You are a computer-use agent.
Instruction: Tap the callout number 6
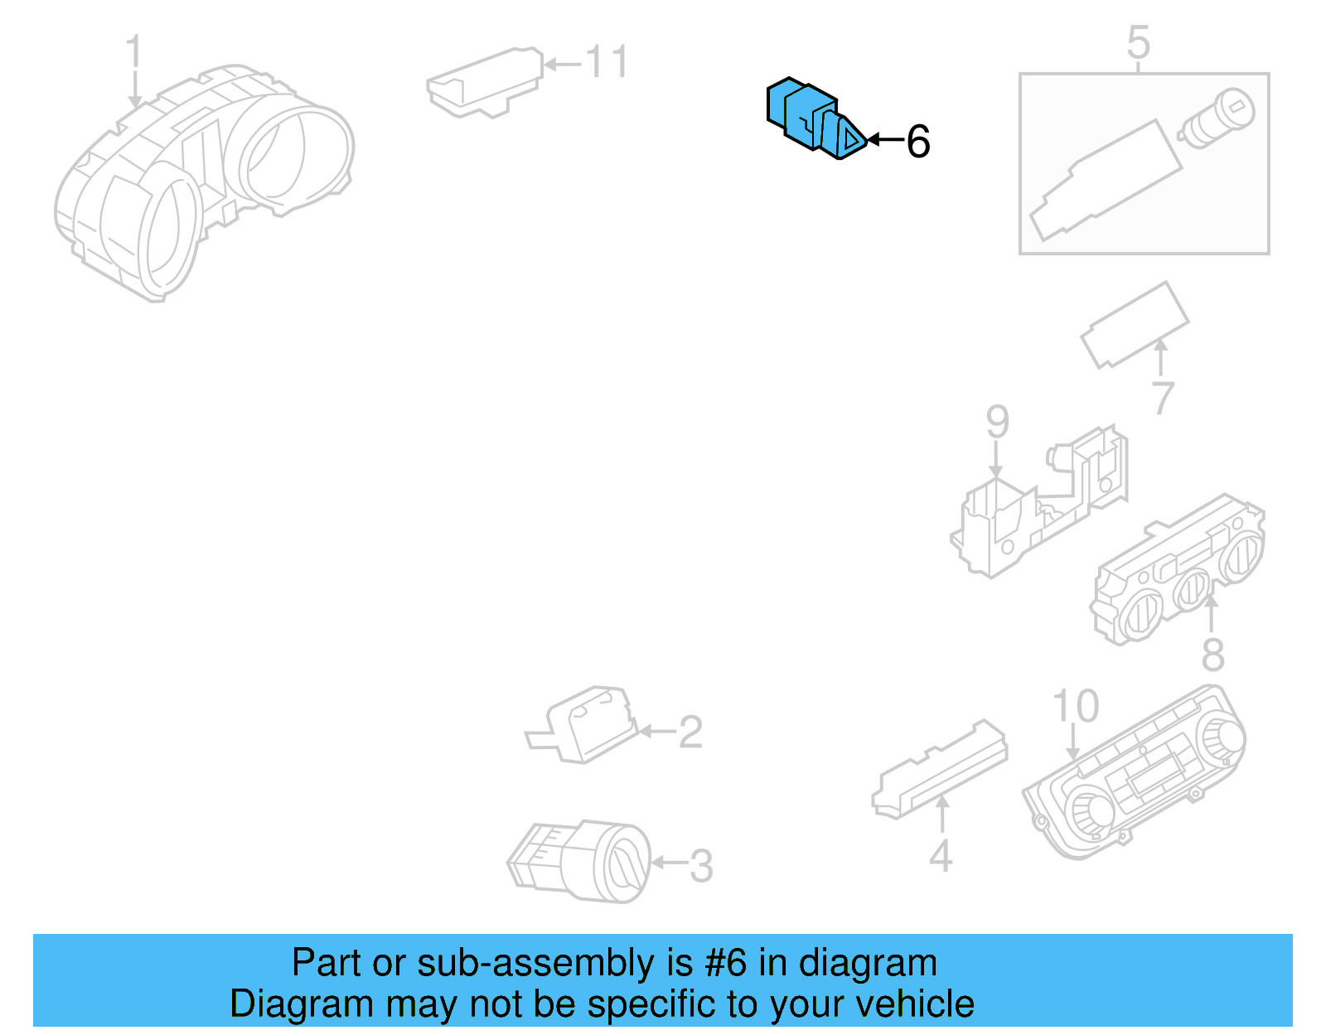918,142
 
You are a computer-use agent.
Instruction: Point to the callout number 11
607,62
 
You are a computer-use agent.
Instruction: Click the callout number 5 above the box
1139,42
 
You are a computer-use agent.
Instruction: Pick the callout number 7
1163,399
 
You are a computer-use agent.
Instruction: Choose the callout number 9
998,422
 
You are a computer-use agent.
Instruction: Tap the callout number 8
1212,655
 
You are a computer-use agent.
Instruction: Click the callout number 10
1075,707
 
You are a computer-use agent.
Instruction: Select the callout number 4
941,856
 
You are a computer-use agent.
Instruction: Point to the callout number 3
701,867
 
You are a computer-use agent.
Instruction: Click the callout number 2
690,733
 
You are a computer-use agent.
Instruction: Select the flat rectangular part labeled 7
1135,324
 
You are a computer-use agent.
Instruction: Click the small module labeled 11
485,82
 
